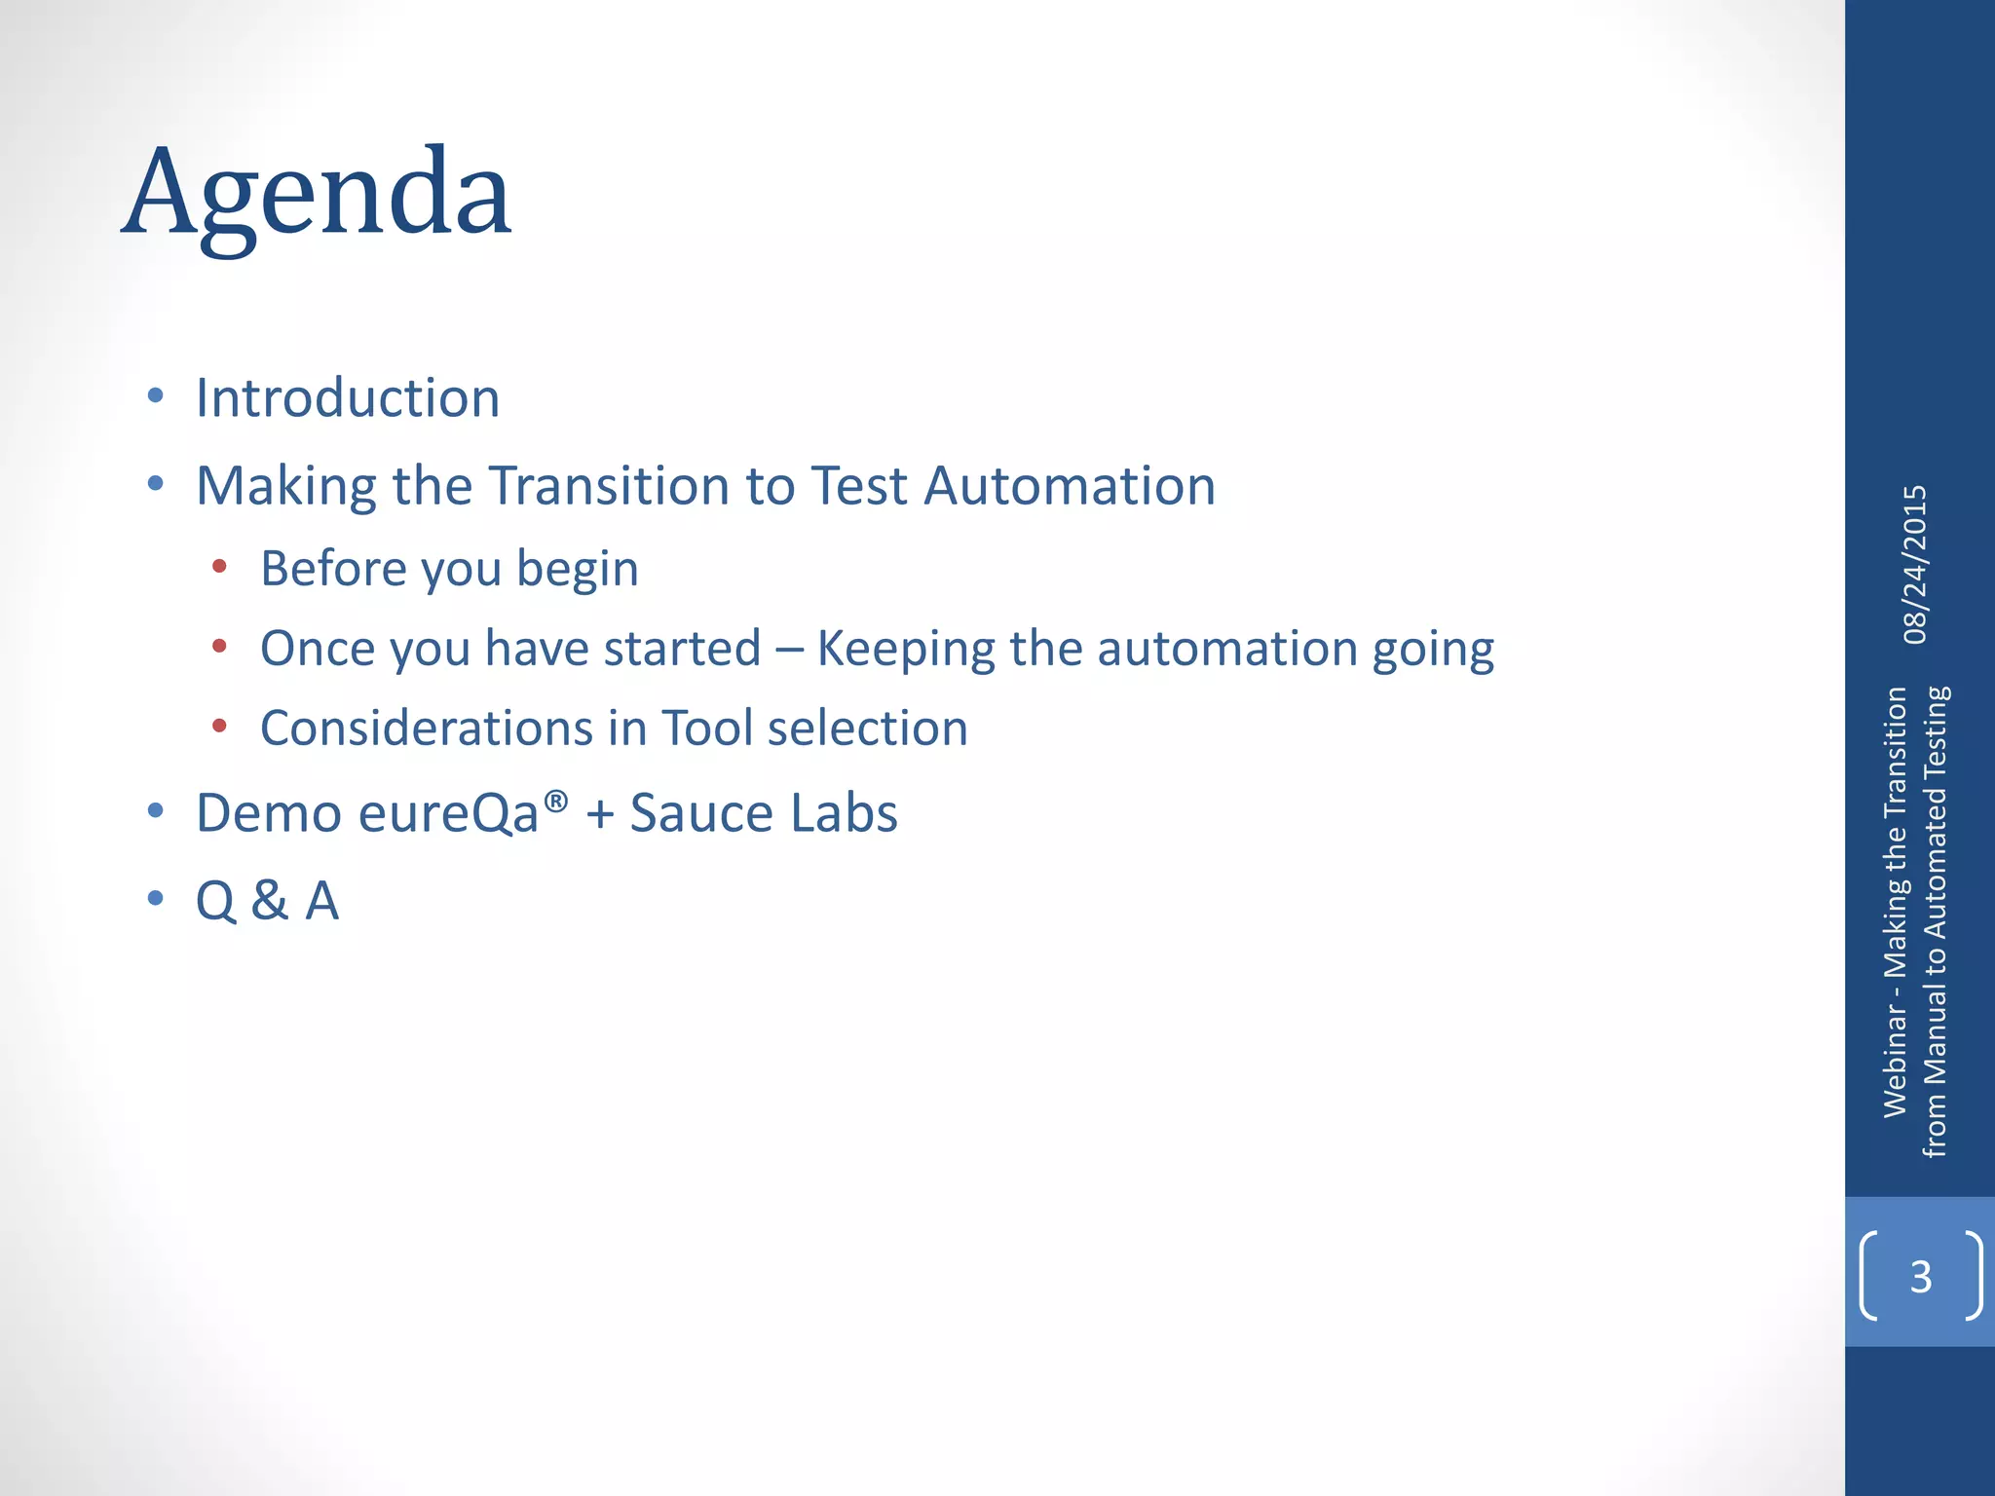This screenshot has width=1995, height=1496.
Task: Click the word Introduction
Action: click(x=348, y=397)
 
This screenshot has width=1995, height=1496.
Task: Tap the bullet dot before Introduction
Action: click(x=155, y=395)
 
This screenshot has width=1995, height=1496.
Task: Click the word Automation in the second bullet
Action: click(x=1070, y=485)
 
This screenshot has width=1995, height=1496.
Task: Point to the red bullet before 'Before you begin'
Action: click(x=219, y=566)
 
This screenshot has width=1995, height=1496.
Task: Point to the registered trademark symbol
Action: click(x=556, y=802)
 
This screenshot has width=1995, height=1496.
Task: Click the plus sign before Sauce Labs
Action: click(x=600, y=814)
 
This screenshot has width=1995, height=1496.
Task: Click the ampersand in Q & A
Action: click(x=270, y=900)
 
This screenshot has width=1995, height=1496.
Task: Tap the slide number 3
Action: click(x=1920, y=1276)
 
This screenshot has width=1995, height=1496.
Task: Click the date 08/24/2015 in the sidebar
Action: click(x=1915, y=565)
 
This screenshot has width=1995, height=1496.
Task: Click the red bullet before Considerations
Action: click(x=219, y=726)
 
